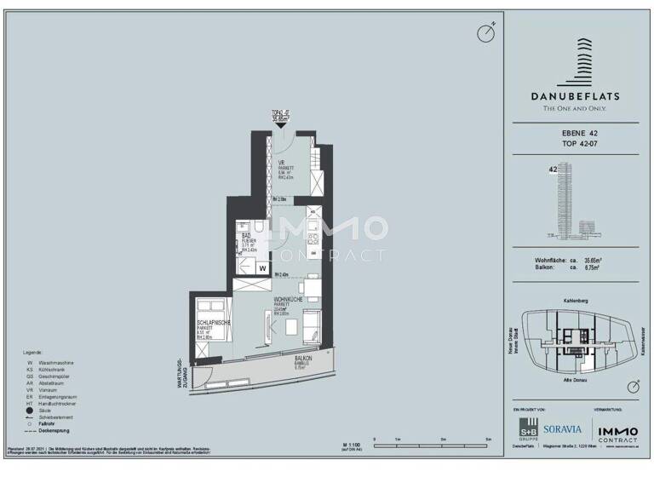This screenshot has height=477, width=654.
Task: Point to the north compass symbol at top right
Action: tap(486, 32)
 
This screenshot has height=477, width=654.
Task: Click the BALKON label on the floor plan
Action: tap(303, 359)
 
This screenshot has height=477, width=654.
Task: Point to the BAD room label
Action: tap(246, 234)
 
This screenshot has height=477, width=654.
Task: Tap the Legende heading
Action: tap(33, 351)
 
